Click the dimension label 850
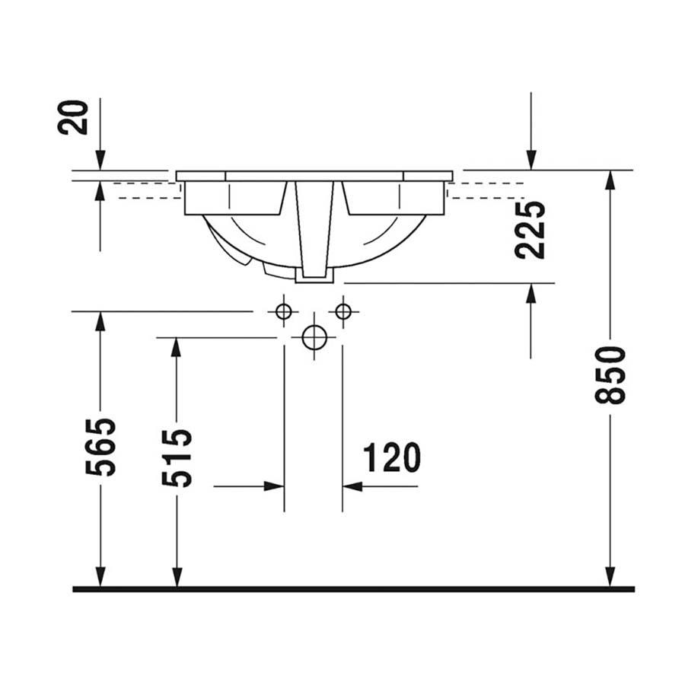pos(610,374)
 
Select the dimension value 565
pos(101,447)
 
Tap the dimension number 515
pos(177,459)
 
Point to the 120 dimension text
pos(391,457)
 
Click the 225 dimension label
pos(530,230)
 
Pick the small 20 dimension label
pos(73,117)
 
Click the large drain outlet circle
pos(314,338)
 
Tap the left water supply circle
pos(284,312)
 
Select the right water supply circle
pos(343,312)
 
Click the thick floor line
pos(353,589)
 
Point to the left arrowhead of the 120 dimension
pos(274,486)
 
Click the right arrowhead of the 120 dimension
pos(352,486)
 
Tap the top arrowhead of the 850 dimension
pos(610,180)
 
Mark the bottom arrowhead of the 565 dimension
pos(100,577)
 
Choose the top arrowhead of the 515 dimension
pos(177,348)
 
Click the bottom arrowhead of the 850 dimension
pos(610,577)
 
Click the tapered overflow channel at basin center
pos(314,229)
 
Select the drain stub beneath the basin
pos(314,276)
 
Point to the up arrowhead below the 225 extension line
pos(530,293)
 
